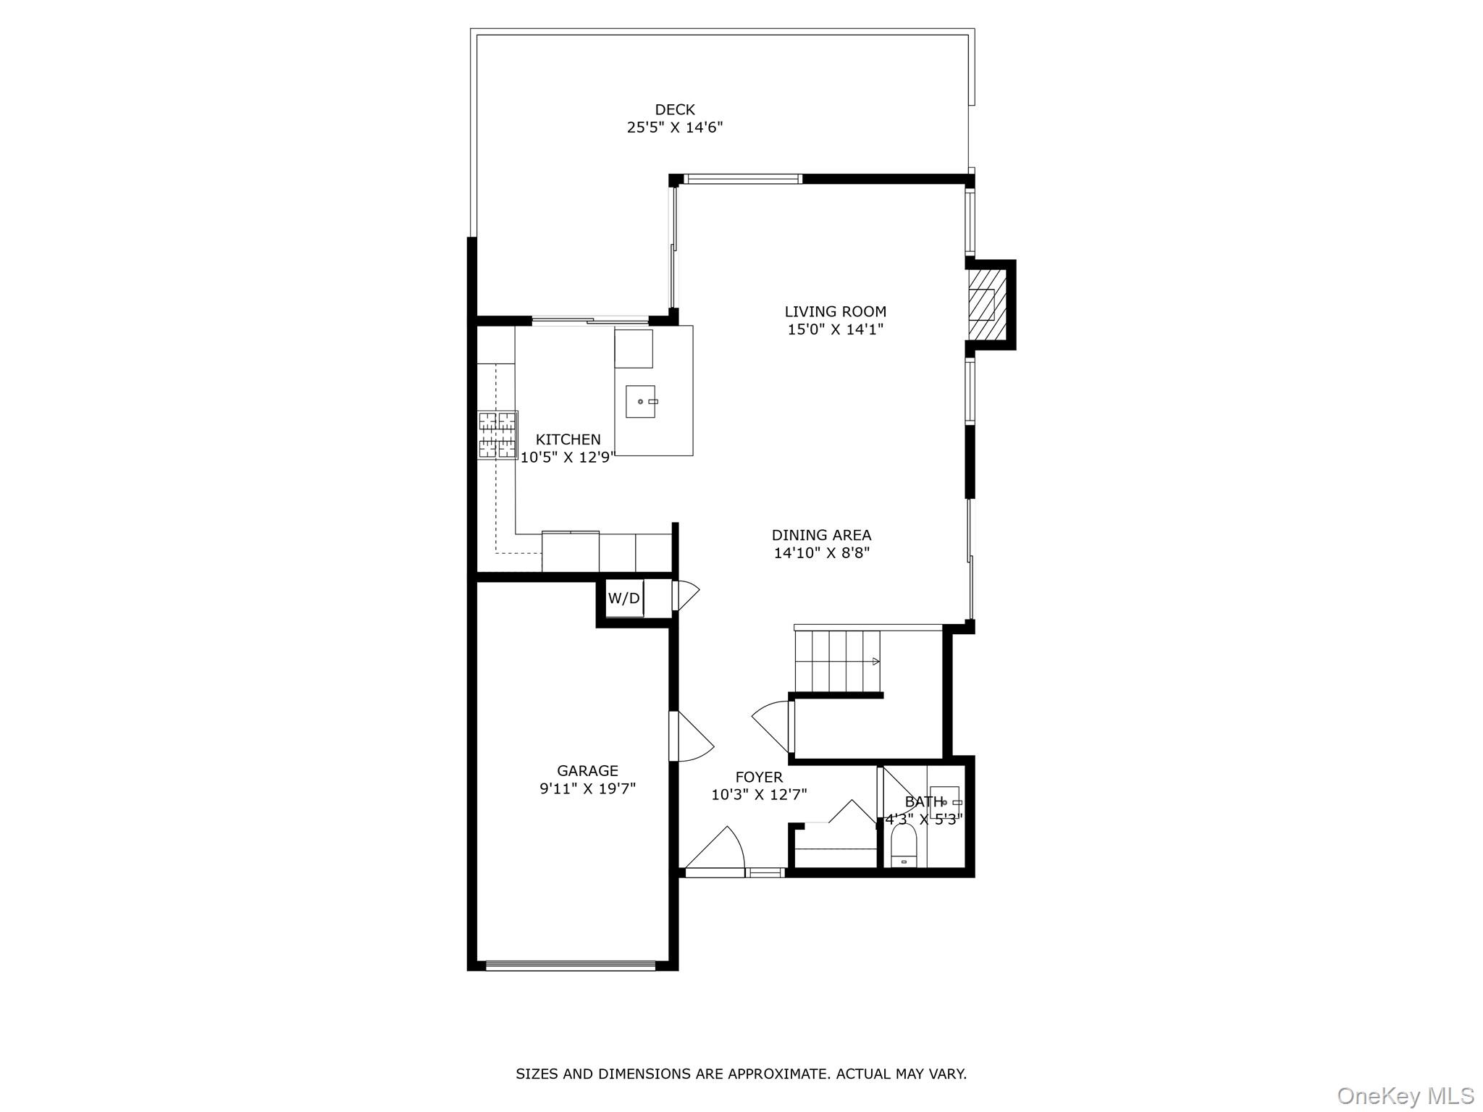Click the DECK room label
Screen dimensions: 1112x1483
[x=674, y=109]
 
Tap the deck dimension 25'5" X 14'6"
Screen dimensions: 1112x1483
[x=674, y=127]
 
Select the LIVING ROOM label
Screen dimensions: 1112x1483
[x=835, y=311]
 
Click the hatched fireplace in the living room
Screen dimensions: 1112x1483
[x=987, y=304]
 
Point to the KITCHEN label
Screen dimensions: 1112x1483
[x=568, y=439]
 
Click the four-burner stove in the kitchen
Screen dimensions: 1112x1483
[x=497, y=435]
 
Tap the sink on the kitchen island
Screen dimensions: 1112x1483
[x=641, y=401]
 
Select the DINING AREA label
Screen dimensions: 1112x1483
[x=821, y=535]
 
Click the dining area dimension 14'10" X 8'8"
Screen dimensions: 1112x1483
[x=821, y=553]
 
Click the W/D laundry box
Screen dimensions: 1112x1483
[x=623, y=599]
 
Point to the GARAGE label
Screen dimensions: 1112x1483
[x=587, y=770]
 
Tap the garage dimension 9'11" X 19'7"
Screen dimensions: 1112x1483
[x=587, y=788]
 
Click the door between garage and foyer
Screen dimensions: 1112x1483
[x=689, y=737]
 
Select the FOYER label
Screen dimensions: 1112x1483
[x=758, y=777]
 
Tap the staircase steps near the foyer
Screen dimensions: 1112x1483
[x=837, y=661]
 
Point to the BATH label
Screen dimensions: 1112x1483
[x=924, y=801]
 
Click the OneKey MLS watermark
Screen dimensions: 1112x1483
[x=1405, y=1095]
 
